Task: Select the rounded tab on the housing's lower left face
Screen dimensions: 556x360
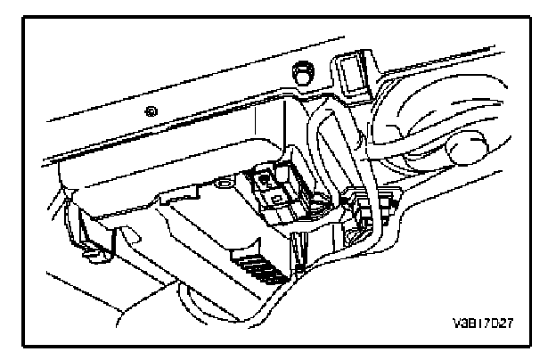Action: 125,237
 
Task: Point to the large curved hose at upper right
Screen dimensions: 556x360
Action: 419,107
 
